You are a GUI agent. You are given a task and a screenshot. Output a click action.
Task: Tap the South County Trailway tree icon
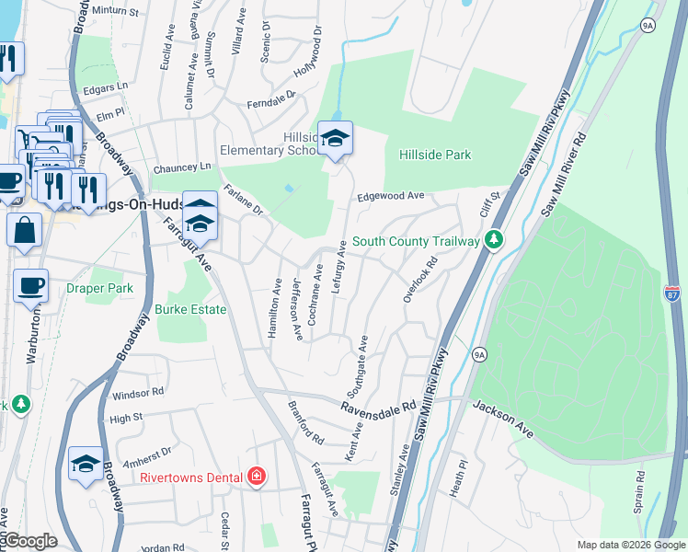[495, 240]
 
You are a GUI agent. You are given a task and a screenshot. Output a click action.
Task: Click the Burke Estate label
[190, 310]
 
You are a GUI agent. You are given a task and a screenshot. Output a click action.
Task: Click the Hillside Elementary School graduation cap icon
[336, 138]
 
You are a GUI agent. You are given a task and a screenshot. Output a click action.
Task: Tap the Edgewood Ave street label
[390, 196]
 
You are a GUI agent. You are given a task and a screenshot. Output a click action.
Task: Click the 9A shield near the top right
[648, 26]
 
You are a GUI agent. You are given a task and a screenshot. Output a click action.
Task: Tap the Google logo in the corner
[30, 541]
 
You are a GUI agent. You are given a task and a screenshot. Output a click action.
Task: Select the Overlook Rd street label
[419, 279]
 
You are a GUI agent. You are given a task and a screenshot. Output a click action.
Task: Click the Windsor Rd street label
[137, 393]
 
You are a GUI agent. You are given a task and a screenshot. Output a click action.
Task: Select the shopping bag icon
[24, 230]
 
